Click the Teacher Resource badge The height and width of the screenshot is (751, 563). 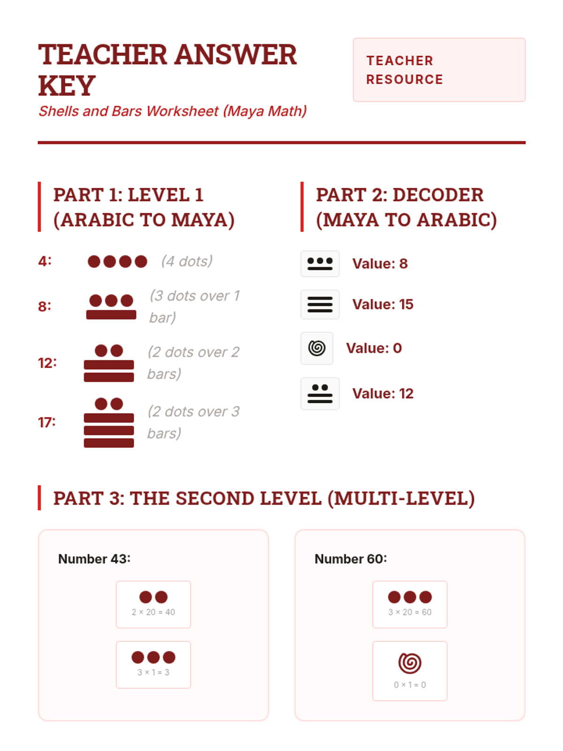(x=439, y=70)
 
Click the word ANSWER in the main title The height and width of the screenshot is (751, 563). (x=236, y=54)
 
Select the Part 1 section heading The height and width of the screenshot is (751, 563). (x=144, y=207)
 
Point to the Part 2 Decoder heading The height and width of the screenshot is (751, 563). (x=406, y=207)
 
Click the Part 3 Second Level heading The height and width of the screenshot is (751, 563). (x=264, y=498)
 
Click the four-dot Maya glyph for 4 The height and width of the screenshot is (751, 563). (x=117, y=261)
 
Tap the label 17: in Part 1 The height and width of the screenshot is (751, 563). (x=47, y=422)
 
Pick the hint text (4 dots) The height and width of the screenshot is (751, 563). (x=187, y=261)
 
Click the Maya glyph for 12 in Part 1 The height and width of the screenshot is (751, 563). (x=109, y=363)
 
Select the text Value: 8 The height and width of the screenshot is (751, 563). (x=380, y=263)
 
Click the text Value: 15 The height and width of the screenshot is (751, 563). (x=383, y=304)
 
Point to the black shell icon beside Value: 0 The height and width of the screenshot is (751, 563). (x=317, y=348)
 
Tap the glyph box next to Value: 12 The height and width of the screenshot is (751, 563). (x=320, y=393)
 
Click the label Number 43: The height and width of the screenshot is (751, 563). (x=94, y=559)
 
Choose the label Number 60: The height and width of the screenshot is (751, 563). (x=351, y=559)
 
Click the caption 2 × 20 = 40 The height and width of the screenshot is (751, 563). (x=153, y=612)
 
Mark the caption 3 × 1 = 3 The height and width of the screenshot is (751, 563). (x=153, y=672)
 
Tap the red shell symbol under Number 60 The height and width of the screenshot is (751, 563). (x=410, y=663)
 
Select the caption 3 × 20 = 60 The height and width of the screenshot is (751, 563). (x=410, y=612)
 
